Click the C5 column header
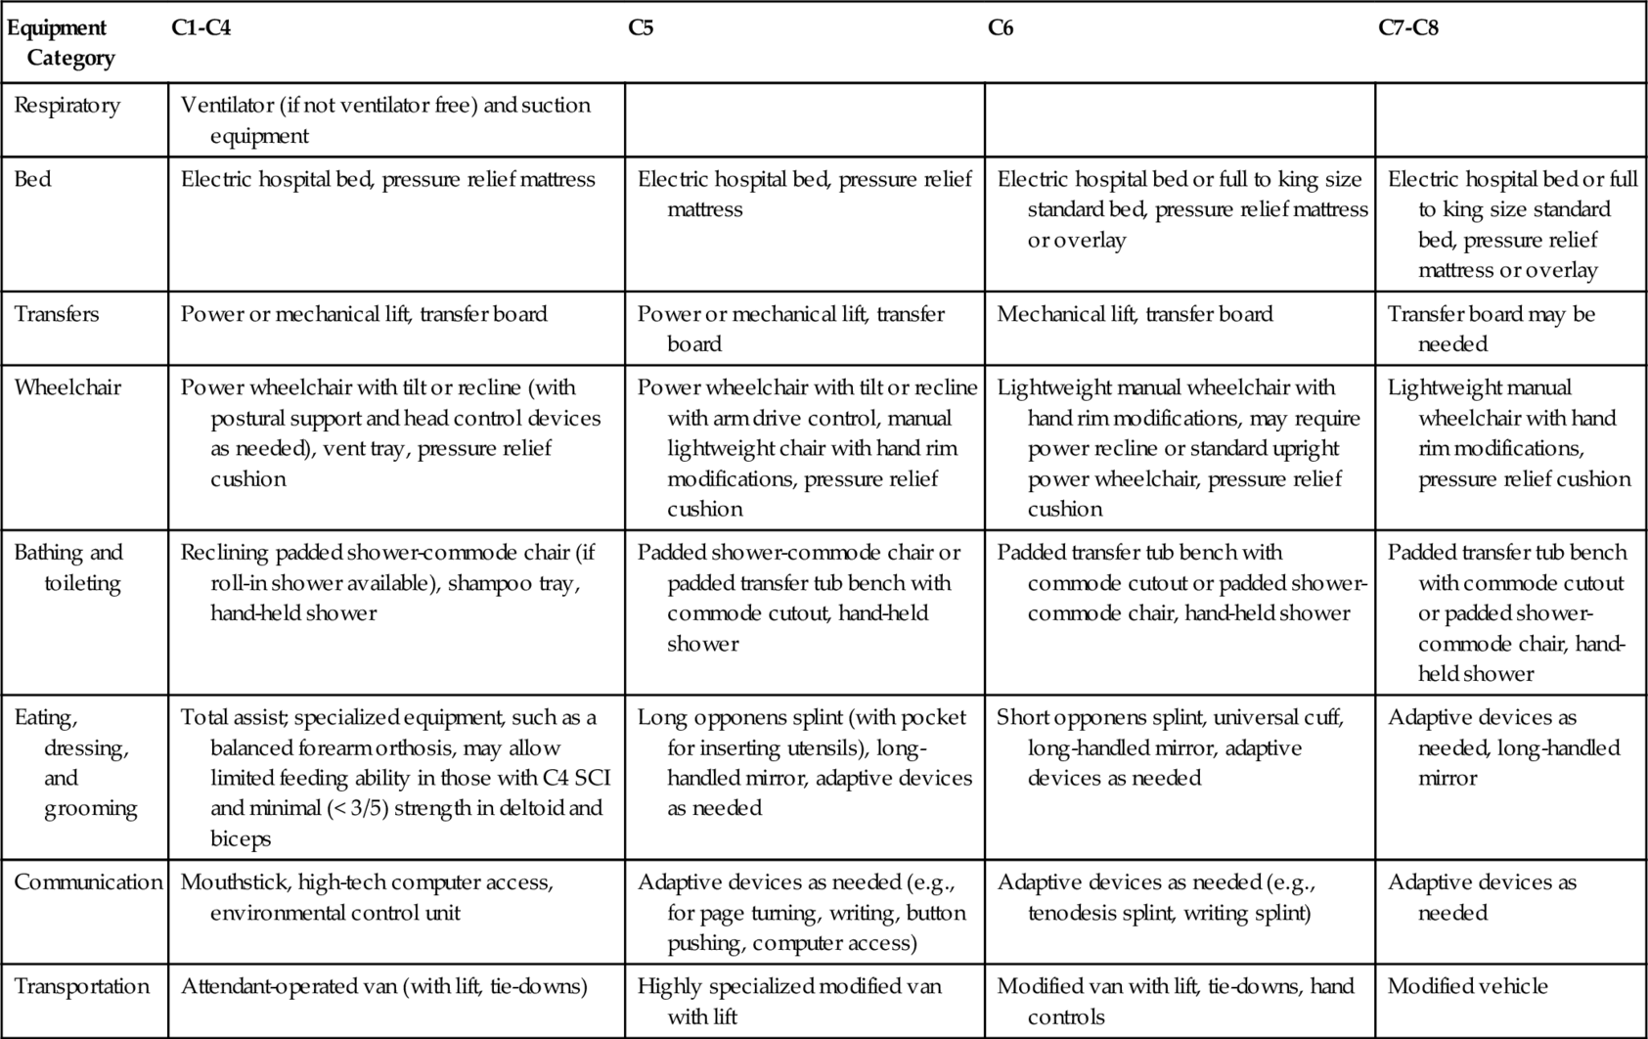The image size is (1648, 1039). coord(641,28)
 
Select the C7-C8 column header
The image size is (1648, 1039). coord(1407,28)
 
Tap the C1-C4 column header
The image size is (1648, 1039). coord(200,28)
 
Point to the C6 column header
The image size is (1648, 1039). coord(1000,28)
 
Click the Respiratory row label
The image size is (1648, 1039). coord(67,106)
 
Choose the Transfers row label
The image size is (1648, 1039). coord(57,314)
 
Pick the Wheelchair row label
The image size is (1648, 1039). coord(67,387)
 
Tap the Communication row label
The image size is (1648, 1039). coord(88,882)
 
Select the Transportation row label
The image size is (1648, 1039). coord(82,986)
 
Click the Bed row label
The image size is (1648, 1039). coord(32,179)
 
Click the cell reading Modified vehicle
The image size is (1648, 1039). coord(1467,986)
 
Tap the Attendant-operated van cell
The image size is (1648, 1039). coord(384,986)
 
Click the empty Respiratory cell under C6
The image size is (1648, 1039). coord(1180,119)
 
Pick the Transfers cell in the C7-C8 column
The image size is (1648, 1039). coord(1491,329)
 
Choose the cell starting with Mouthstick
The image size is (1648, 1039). coord(367,897)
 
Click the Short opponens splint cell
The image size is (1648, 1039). coord(1170,747)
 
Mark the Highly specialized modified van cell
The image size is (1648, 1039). coord(788,1001)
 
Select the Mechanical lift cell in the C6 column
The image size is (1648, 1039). coord(1135,314)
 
